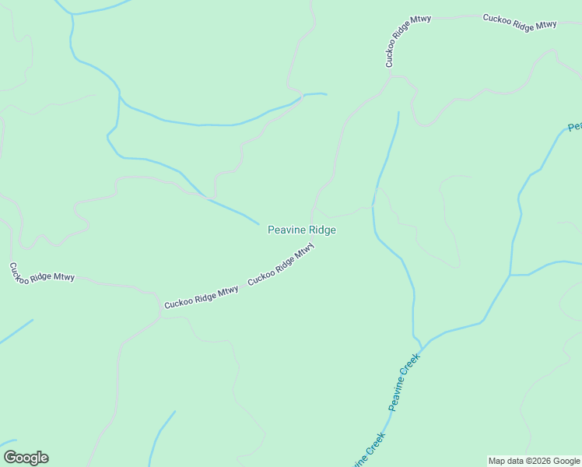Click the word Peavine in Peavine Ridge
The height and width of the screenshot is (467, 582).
[286, 230]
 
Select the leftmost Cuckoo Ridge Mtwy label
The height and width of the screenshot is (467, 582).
[42, 272]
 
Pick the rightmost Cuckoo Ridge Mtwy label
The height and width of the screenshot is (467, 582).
[520, 22]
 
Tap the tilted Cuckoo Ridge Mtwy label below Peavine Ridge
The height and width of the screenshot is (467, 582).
[281, 265]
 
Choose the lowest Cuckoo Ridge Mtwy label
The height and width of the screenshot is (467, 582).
[202, 297]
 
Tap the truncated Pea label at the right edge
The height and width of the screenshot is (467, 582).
[575, 127]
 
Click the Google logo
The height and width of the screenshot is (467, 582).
[26, 458]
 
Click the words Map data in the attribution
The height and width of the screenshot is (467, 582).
[506, 461]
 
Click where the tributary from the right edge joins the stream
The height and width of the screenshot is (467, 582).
[510, 275]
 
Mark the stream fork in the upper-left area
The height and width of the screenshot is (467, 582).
[119, 96]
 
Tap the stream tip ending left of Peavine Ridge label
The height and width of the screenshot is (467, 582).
[258, 224]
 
